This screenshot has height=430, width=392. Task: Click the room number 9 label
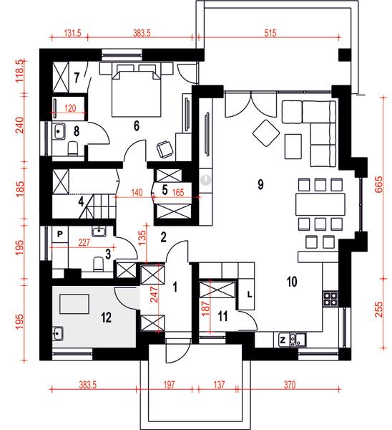tap(260, 184)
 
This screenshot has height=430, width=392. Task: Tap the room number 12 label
tap(106, 317)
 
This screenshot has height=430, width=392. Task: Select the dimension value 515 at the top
tap(270, 33)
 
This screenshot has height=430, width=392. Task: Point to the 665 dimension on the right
tap(378, 185)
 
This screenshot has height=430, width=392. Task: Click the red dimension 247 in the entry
tap(154, 295)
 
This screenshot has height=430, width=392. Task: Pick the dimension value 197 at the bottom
tap(169, 385)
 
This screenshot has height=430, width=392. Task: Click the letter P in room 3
tap(60, 234)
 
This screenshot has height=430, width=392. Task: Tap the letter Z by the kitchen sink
tap(283, 340)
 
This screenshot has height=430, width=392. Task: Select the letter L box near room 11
tap(250, 295)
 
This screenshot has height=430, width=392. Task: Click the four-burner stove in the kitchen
tap(330, 299)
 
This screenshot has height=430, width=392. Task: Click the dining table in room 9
tap(320, 204)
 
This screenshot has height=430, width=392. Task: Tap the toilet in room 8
tap(73, 148)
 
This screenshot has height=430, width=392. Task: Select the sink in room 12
tap(57, 333)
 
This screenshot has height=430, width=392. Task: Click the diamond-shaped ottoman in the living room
tap(266, 133)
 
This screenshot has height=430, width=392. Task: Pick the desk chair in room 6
tap(165, 149)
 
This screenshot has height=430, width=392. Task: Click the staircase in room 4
tap(98, 206)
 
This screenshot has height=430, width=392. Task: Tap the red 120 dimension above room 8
tap(70, 108)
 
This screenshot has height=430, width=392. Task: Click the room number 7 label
tap(77, 77)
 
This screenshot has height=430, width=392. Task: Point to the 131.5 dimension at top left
tap(72, 33)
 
